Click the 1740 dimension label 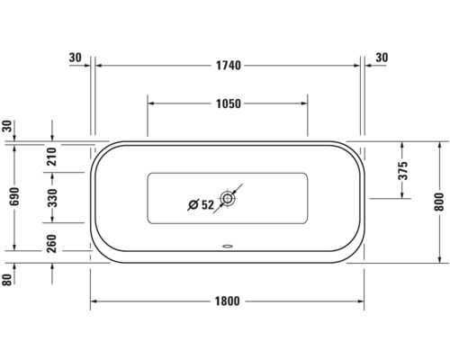point(227,66)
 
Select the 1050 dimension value point(227,103)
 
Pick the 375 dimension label point(403,171)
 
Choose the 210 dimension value point(50,157)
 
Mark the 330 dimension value point(50,199)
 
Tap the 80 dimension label point(8,279)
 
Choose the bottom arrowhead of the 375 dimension point(402,197)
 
